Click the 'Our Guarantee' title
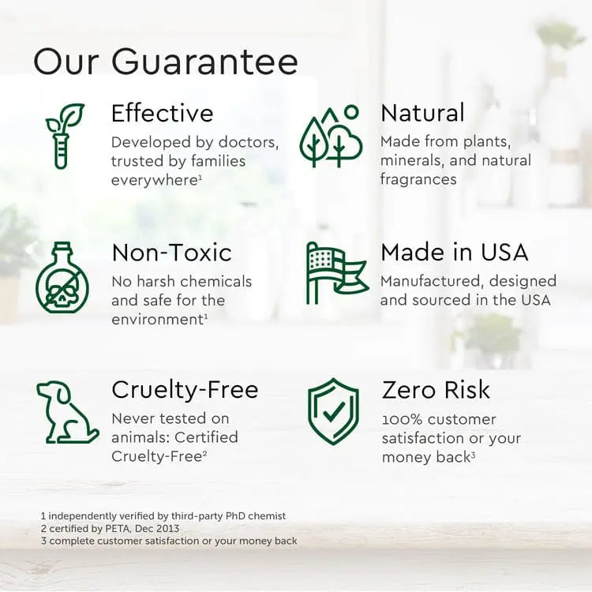[x=166, y=62]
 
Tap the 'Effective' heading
[x=162, y=114]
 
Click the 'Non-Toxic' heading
[x=171, y=253]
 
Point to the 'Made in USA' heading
[x=454, y=253]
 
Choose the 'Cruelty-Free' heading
[x=185, y=390]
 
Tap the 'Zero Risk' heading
[x=436, y=390]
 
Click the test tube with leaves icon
[x=63, y=135]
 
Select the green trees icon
[x=331, y=137]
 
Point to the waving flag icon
[x=335, y=273]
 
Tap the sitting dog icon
[x=66, y=412]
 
